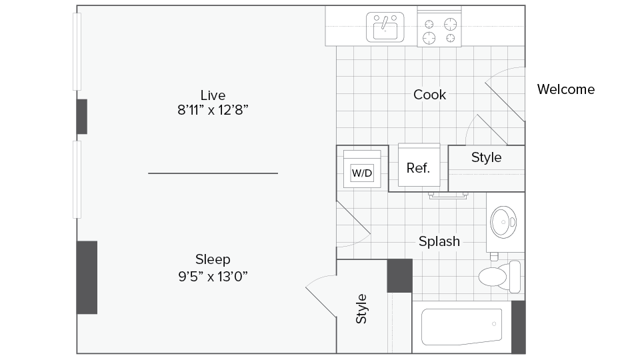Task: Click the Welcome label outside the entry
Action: (x=565, y=89)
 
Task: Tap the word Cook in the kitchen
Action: (x=429, y=95)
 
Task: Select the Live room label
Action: (x=213, y=95)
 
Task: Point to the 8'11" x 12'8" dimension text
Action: (x=213, y=110)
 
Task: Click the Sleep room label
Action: (x=213, y=259)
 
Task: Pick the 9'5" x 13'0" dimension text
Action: (x=213, y=275)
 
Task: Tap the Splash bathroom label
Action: (x=439, y=241)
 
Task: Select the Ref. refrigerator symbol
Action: (x=418, y=167)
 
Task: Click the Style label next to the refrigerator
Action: (x=486, y=158)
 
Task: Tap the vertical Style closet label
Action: (x=361, y=309)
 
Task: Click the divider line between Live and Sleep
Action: (x=213, y=173)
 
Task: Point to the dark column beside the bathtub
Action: (x=518, y=327)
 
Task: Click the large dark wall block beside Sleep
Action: (x=87, y=277)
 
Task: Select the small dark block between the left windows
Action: (x=81, y=116)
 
